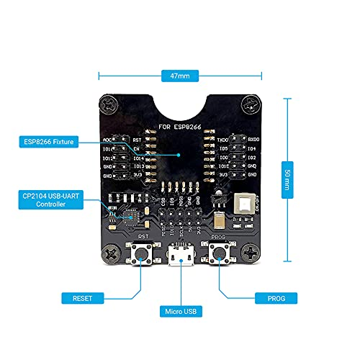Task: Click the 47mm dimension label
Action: (180, 75)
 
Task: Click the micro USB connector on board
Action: (180, 256)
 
